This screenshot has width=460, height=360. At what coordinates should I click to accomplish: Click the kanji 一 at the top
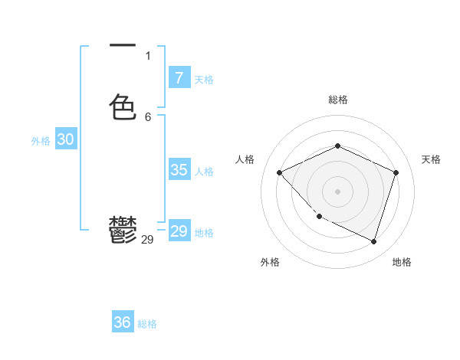[123, 47]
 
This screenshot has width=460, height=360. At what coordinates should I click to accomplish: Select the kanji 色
[123, 106]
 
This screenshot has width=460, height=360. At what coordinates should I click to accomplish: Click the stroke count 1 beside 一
[148, 55]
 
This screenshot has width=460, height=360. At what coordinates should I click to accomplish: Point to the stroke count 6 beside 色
[148, 117]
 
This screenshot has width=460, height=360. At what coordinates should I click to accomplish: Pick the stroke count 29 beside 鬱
[148, 240]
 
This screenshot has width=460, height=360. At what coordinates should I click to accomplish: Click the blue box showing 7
[179, 77]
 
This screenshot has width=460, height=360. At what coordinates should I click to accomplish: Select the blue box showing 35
[179, 170]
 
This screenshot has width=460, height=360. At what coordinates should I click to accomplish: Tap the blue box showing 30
[65, 139]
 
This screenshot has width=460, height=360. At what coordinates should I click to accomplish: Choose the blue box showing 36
[122, 322]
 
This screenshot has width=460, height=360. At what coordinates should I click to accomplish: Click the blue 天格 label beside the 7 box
[204, 80]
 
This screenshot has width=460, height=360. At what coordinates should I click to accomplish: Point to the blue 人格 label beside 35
[205, 172]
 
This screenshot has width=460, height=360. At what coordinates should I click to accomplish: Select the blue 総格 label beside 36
[147, 324]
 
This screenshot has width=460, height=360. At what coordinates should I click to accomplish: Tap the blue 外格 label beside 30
[41, 141]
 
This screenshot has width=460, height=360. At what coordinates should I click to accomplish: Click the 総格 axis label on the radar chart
[338, 100]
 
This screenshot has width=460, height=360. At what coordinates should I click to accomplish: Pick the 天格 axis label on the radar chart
[431, 159]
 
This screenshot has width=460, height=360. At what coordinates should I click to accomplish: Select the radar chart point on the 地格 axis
[373, 241]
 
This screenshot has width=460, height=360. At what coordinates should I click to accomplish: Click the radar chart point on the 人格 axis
[280, 172]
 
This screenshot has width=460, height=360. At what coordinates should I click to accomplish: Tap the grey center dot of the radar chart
[338, 191]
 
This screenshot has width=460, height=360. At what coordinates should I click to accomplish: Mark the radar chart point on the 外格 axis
[320, 217]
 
